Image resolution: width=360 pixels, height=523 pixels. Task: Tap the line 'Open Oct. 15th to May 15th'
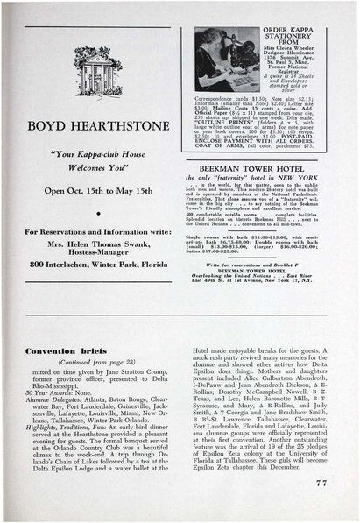(90, 190)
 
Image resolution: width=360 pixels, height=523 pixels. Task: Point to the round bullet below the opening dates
(92, 211)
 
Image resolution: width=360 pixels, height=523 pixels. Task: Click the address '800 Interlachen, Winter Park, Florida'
(90, 264)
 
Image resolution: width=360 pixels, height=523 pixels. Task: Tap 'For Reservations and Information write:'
(90, 230)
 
